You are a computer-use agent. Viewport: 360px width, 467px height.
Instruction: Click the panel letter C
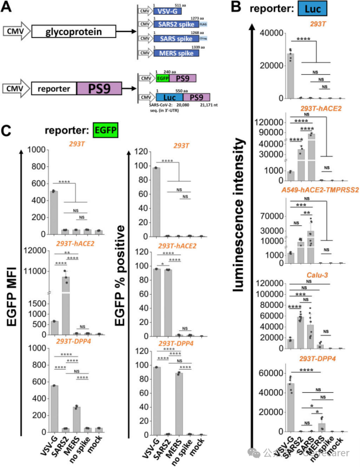pyautogui.click(x=7, y=130)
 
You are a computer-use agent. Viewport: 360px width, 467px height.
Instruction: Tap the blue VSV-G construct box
pyautogui.click(x=168, y=11)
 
